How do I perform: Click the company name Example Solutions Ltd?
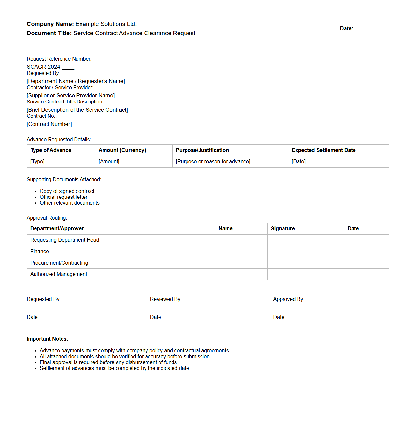coord(106,24)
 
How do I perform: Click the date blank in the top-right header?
coord(372,29)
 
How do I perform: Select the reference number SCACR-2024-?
coord(44,67)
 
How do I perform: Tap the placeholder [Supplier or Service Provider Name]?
coord(71,95)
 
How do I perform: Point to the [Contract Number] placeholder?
coord(49,124)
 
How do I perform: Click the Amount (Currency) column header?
coord(122,150)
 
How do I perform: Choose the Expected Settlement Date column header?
coord(324,150)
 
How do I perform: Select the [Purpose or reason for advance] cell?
coord(213,161)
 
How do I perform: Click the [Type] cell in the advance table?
coord(37,161)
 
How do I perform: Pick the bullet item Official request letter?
coord(63,197)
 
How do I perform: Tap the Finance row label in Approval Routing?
coord(39,251)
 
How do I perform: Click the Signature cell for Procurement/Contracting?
coord(305,263)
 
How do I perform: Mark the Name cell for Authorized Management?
coord(241,274)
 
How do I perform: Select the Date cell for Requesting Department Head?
coord(366,240)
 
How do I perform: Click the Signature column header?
coord(283,228)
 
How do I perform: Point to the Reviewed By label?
coord(165,299)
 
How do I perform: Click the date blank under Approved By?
coord(304,317)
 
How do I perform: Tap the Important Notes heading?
coord(48,339)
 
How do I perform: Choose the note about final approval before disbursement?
coord(109,362)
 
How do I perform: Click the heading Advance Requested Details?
coord(59,139)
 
